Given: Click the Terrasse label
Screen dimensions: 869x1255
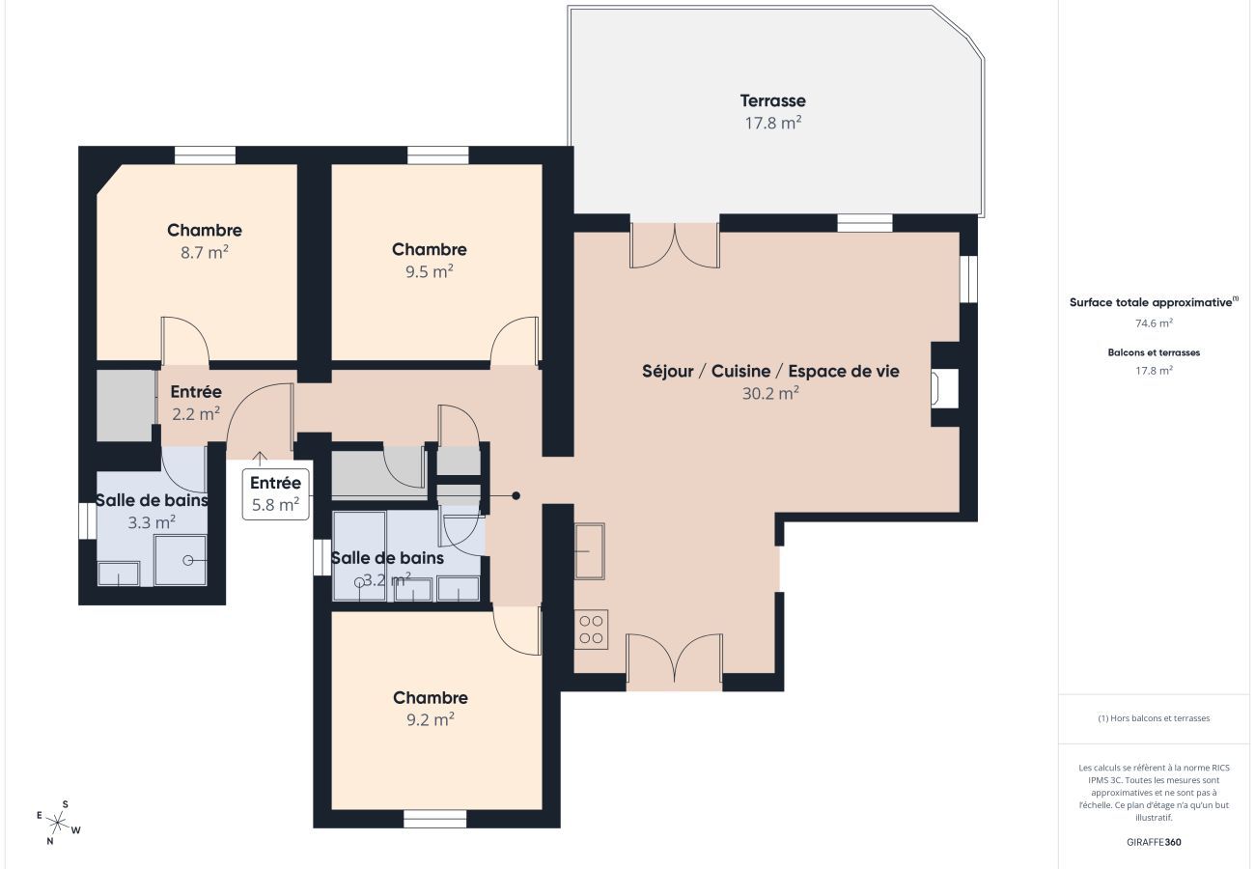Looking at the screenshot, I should pyautogui.click(x=772, y=100).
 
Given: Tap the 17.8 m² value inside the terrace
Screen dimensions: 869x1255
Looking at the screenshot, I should pyautogui.click(x=772, y=124).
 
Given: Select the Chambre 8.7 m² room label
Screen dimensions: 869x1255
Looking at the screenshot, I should pyautogui.click(x=205, y=231).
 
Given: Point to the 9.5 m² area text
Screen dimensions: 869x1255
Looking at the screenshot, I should pyautogui.click(x=430, y=272).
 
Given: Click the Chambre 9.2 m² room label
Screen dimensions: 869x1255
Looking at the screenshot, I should pyautogui.click(x=431, y=698).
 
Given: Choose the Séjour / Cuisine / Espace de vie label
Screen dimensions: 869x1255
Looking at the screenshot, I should pyautogui.click(x=770, y=371).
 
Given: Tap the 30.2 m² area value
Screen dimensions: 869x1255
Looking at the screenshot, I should pyautogui.click(x=770, y=394).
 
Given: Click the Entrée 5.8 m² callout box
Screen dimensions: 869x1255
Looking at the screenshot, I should pyautogui.click(x=275, y=493).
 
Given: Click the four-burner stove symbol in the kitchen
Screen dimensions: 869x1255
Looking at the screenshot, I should pyautogui.click(x=591, y=630).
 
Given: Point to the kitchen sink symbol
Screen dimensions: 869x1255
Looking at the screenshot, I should pyautogui.click(x=589, y=551).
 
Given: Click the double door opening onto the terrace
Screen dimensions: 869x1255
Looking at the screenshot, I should pyautogui.click(x=674, y=245).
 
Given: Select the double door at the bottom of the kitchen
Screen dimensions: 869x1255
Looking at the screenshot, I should pyautogui.click(x=674, y=662).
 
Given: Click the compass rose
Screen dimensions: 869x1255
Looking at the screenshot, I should pyautogui.click(x=58, y=823).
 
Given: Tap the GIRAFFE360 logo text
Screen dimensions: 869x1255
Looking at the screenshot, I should pyautogui.click(x=1154, y=842).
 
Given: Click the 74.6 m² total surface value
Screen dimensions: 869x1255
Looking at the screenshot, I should pyautogui.click(x=1154, y=324).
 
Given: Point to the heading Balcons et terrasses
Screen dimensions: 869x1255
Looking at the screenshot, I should pyautogui.click(x=1154, y=352).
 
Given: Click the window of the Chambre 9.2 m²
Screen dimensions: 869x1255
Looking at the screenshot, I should pyautogui.click(x=434, y=819).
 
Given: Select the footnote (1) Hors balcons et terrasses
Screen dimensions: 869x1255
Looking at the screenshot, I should pyautogui.click(x=1154, y=718).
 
